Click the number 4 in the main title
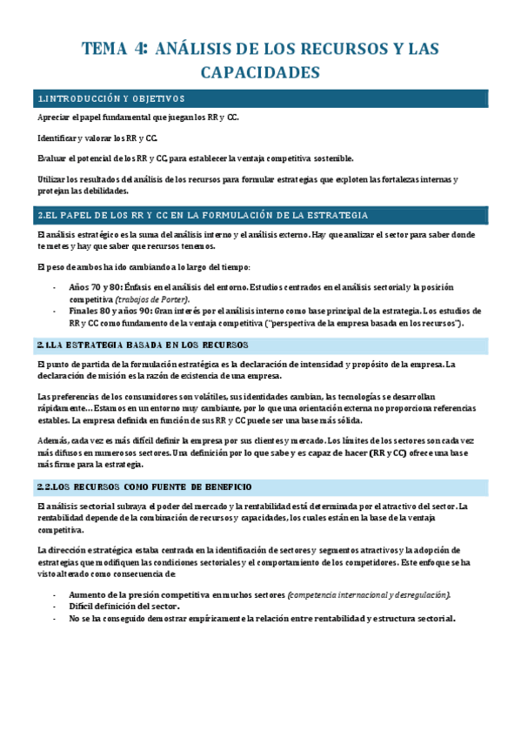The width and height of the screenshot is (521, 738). coord(139,49)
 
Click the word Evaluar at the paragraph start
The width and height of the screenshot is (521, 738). coord(52,158)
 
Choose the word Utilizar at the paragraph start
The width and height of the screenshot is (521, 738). coord(52,179)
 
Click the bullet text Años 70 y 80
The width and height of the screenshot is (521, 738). coord(95,287)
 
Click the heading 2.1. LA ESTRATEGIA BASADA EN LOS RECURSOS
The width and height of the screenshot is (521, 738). coord(143,346)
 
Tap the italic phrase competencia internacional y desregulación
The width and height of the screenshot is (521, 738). coord(371,594)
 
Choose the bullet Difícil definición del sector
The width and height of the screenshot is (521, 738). coord(118,606)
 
